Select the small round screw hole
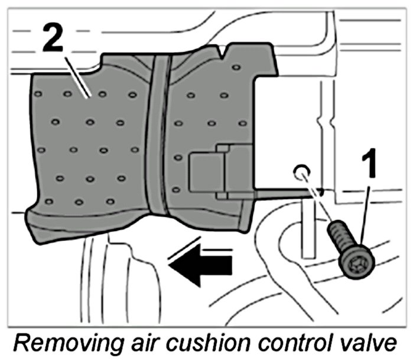tap(300, 172)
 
